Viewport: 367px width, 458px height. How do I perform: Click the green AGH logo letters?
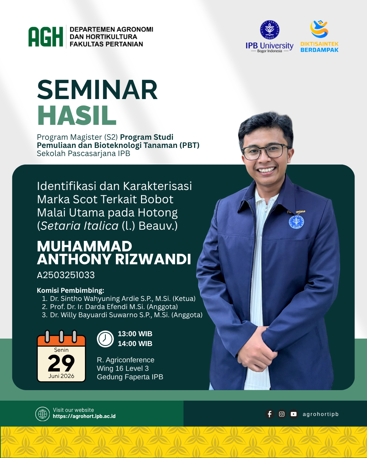click(46, 37)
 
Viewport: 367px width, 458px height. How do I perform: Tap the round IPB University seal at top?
click(269, 30)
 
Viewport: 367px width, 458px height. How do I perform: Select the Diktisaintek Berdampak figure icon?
click(319, 29)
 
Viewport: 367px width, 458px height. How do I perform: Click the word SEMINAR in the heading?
click(97, 90)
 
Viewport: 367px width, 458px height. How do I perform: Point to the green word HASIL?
click(77, 115)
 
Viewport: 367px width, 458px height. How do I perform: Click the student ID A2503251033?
click(66, 275)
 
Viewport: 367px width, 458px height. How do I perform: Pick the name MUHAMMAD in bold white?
click(85, 246)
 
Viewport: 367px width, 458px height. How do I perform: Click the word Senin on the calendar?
click(61, 350)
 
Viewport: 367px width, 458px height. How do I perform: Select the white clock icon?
click(105, 339)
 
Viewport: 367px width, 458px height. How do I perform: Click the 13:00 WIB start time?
click(135, 334)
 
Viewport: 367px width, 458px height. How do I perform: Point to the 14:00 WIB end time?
click(135, 343)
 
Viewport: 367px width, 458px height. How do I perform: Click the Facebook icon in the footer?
click(269, 414)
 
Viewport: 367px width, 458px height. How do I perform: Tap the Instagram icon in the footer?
click(281, 414)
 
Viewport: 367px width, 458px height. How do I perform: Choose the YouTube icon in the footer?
click(293, 414)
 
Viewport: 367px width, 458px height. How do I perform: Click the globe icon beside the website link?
click(42, 414)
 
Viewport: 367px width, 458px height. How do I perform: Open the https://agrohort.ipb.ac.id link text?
click(84, 416)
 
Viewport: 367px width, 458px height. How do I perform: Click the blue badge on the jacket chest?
click(296, 222)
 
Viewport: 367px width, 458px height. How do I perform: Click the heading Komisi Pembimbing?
click(70, 290)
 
